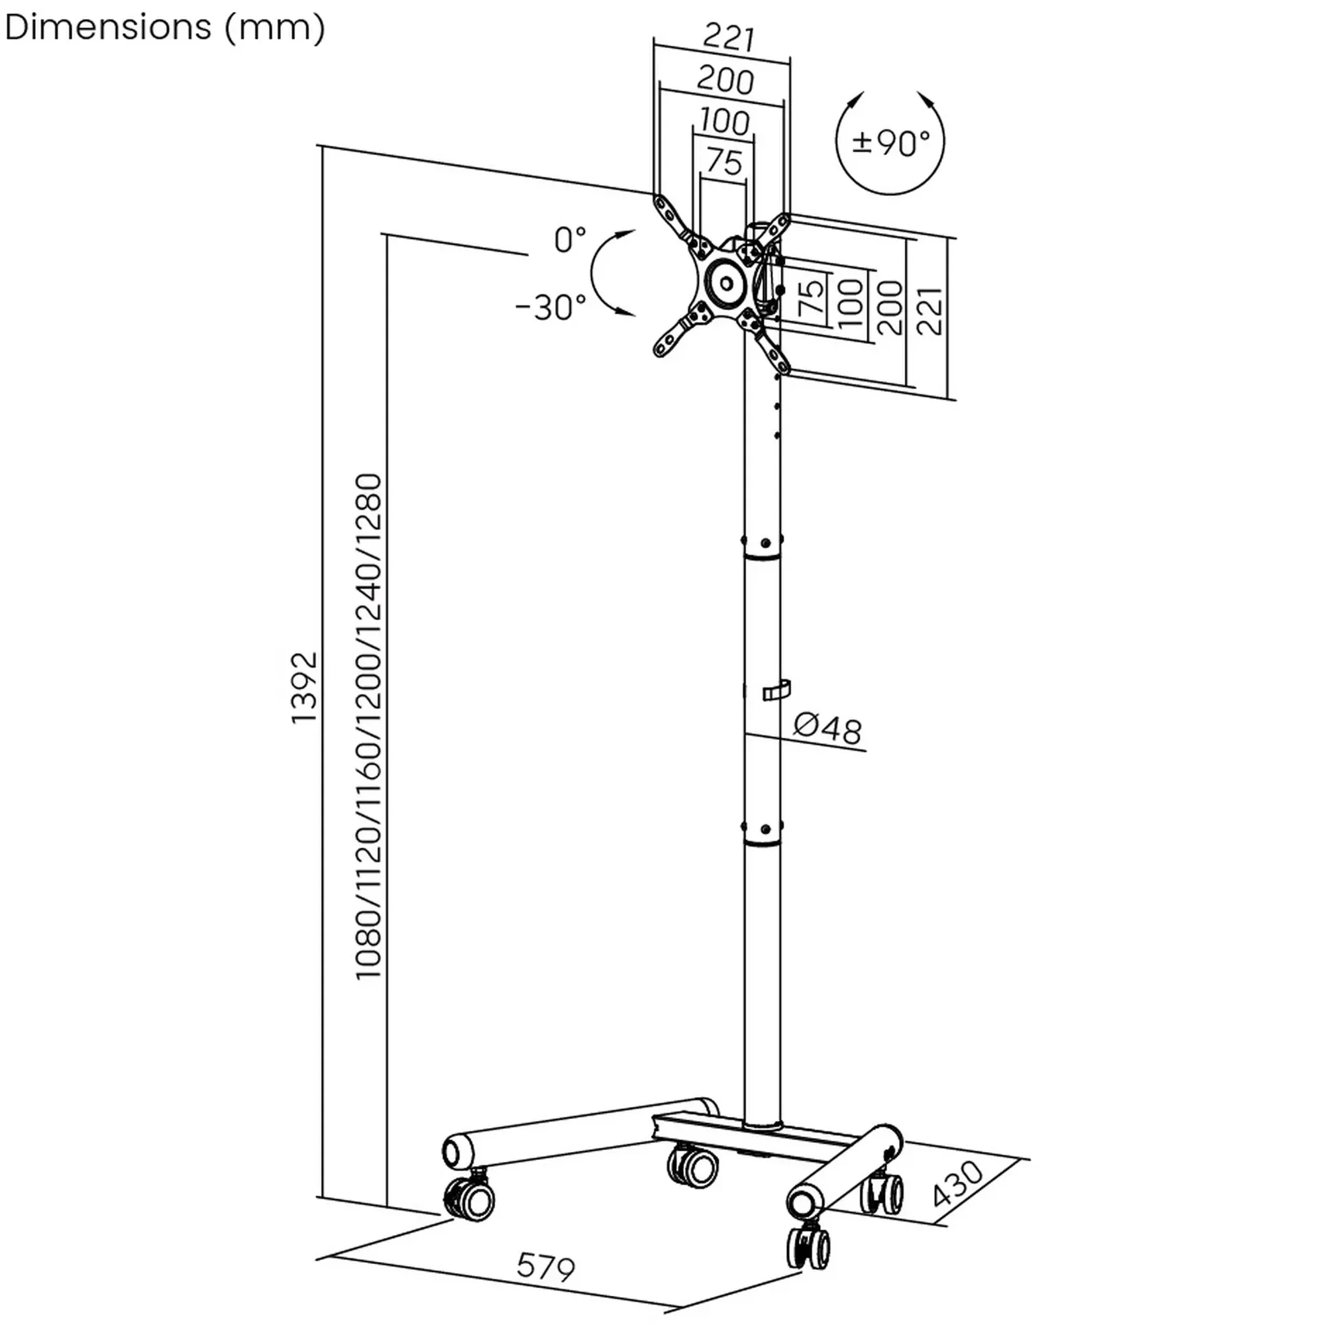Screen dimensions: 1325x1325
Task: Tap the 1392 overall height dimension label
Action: (x=304, y=687)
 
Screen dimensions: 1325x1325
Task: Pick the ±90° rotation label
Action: (x=891, y=142)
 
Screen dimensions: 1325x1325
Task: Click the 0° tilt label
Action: (x=570, y=240)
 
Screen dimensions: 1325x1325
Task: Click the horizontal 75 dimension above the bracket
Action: (x=724, y=162)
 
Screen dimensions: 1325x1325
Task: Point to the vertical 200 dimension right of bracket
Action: (x=890, y=308)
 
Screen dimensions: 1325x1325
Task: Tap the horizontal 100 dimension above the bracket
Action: (x=724, y=122)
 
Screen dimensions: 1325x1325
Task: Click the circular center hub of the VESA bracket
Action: (x=724, y=281)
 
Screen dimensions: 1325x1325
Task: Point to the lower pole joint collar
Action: (x=763, y=833)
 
